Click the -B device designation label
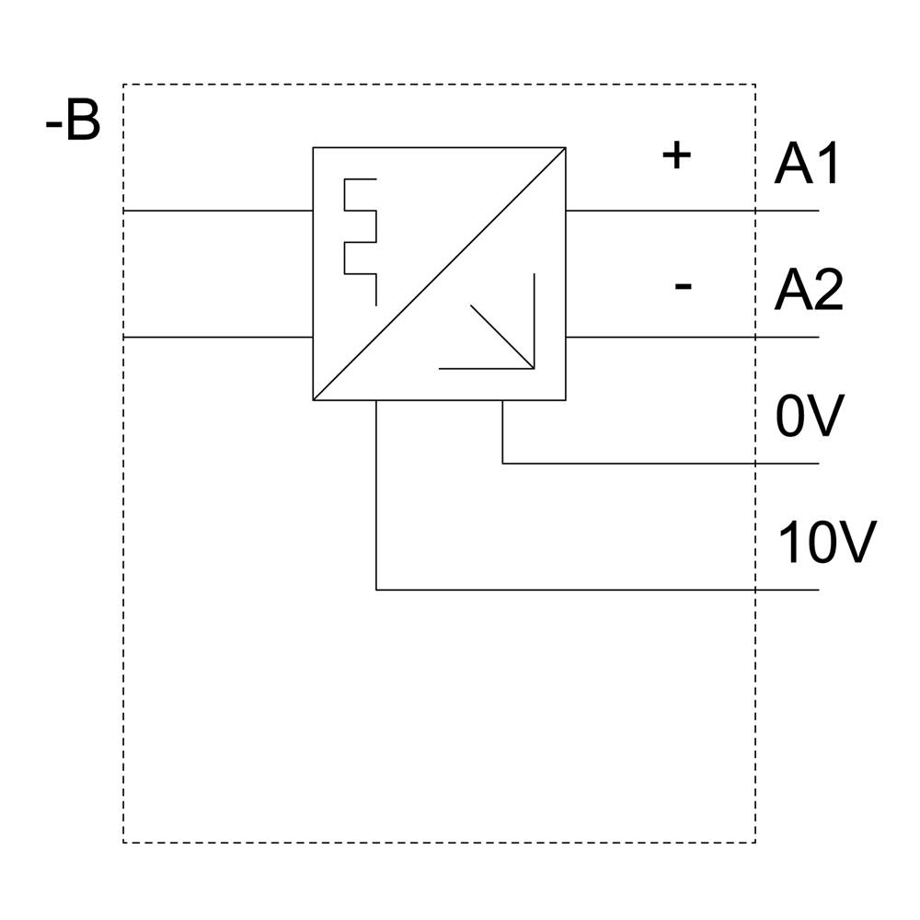73,122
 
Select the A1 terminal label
808,165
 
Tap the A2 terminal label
808,291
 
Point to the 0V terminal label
809,418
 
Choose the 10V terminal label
826,544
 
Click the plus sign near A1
676,155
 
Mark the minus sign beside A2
683,286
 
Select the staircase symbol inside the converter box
361,241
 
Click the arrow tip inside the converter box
533,367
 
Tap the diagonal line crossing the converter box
439,273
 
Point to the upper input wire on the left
218,211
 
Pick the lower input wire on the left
218,338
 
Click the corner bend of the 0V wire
502,463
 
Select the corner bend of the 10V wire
376,590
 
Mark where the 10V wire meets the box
376,400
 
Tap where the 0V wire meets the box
502,400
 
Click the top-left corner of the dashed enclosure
123,85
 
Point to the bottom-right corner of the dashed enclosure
755,842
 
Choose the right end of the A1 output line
818,211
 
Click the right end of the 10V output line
818,590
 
